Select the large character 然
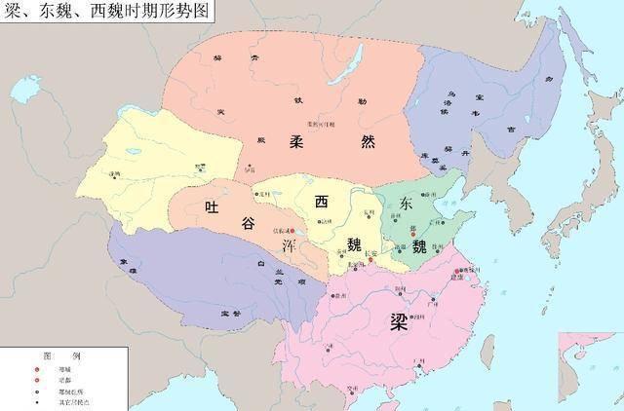368,142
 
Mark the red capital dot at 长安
370,260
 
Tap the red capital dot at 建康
457,274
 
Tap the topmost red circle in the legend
36,370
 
